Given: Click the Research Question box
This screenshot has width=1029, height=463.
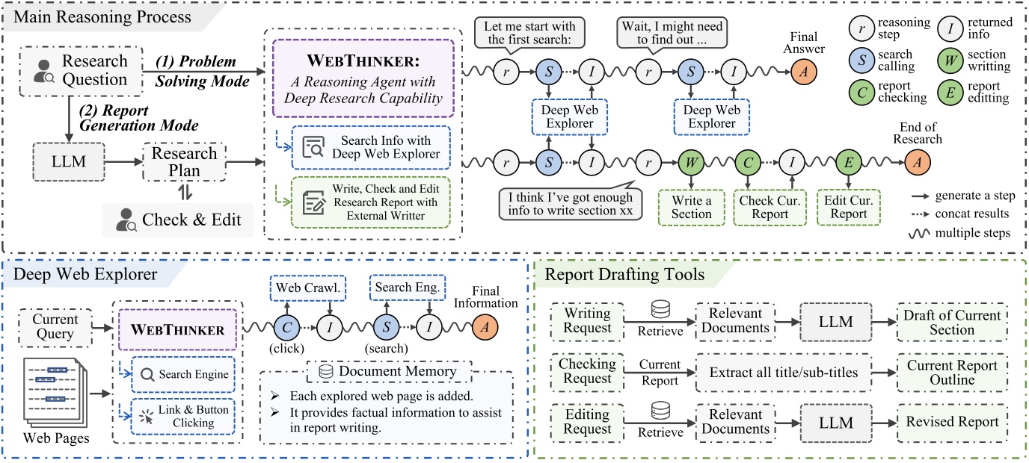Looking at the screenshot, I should [x=78, y=69].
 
